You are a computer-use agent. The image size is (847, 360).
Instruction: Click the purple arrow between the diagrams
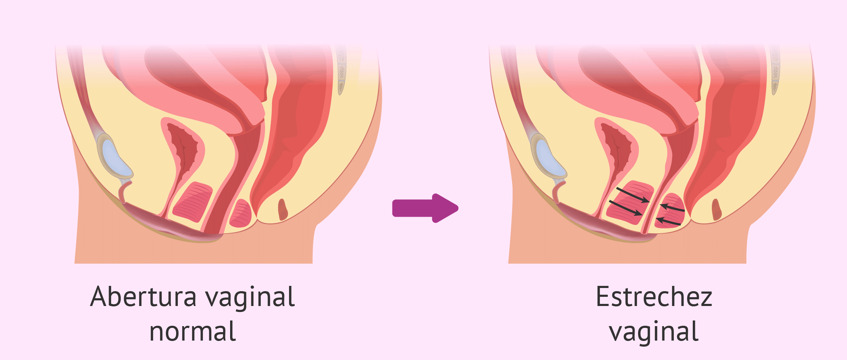[425, 208]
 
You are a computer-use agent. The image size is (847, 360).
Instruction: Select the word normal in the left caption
[193, 332]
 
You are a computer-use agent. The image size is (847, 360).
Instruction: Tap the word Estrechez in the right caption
[654, 297]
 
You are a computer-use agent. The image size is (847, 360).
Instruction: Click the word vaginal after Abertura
[250, 299]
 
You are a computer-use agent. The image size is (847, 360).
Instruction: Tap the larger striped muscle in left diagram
[193, 202]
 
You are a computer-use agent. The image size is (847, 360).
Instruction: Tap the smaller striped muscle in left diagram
[240, 214]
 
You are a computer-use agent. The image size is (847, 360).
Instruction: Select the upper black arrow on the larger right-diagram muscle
[633, 195]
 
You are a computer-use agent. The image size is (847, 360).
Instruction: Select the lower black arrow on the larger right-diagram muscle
[625, 208]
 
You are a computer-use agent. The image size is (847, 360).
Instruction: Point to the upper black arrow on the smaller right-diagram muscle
[672, 208]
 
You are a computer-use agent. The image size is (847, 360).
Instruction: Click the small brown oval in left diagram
[283, 209]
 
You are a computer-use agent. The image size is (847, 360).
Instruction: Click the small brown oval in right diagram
[716, 209]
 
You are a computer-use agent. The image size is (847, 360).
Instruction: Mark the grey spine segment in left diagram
[341, 71]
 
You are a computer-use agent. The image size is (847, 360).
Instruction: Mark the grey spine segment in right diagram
[775, 71]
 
